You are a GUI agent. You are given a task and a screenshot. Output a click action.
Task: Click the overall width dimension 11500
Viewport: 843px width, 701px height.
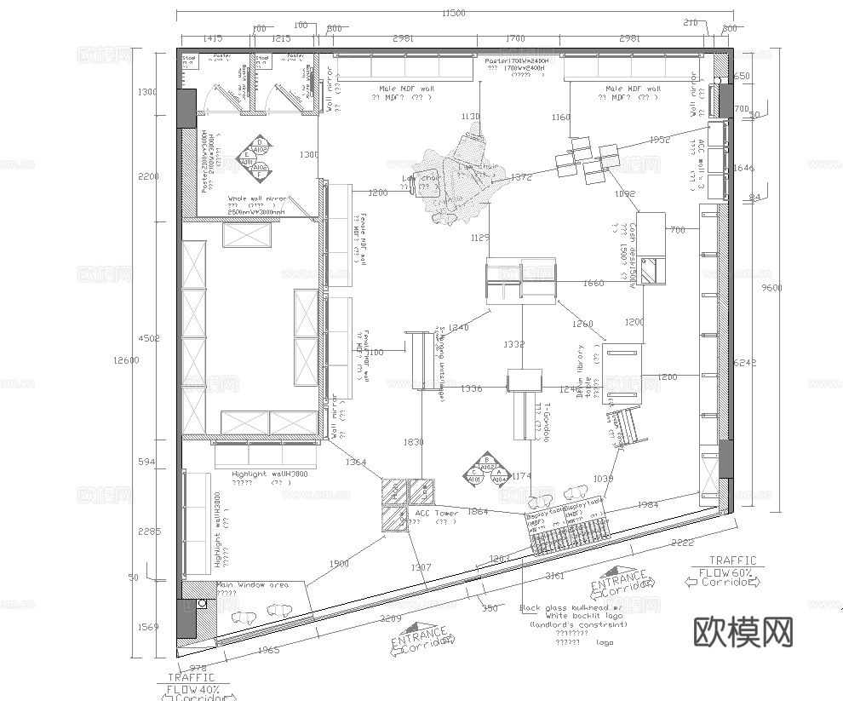click(453, 13)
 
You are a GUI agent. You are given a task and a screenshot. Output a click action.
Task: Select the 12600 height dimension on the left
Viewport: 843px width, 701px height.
click(124, 360)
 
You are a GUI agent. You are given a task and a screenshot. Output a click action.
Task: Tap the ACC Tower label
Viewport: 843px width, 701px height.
click(436, 514)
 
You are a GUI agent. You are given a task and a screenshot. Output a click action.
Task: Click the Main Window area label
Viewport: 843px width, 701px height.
click(252, 585)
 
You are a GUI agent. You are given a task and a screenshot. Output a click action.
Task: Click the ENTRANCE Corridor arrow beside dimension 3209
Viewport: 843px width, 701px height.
click(421, 641)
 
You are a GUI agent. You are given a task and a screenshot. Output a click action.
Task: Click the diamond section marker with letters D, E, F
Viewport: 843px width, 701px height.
click(254, 158)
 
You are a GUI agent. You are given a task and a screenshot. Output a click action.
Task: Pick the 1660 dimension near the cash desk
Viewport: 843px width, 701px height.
click(594, 283)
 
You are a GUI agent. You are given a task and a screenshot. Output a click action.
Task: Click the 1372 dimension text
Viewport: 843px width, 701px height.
click(521, 177)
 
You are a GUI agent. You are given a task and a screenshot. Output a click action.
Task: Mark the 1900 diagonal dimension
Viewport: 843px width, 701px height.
click(339, 564)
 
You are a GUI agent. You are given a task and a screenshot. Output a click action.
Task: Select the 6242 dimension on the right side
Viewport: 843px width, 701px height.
click(744, 362)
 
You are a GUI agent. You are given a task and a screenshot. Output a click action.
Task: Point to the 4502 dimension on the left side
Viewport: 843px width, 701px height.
click(148, 339)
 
